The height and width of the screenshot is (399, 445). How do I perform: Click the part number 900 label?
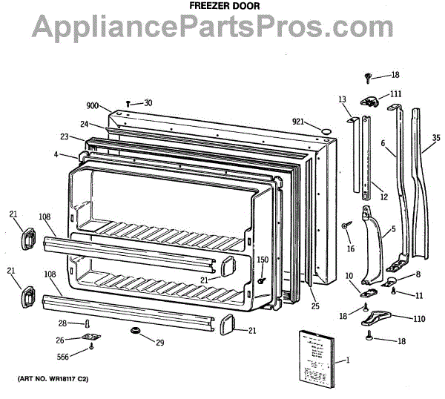[x=92, y=107]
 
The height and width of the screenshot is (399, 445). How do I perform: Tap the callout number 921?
[x=298, y=122]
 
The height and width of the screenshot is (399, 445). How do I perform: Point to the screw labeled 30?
[x=129, y=104]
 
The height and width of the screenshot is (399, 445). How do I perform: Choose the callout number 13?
[x=342, y=99]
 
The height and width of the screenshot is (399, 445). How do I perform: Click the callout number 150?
[x=263, y=259]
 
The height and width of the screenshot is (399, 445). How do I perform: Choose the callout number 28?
[x=63, y=323]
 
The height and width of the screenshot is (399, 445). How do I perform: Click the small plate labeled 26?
[x=92, y=338]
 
